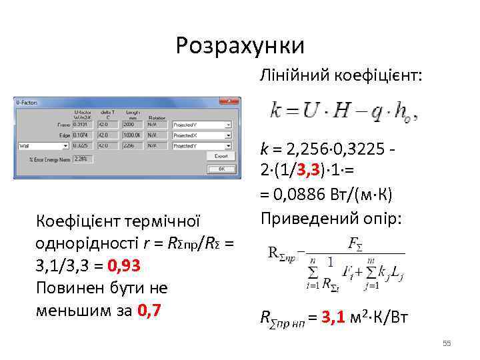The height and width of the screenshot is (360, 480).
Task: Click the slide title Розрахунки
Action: [240, 45]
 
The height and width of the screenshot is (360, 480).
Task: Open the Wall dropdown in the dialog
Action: [44, 145]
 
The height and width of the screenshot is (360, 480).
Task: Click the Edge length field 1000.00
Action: [131, 135]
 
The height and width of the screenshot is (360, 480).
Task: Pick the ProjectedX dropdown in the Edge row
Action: [202, 135]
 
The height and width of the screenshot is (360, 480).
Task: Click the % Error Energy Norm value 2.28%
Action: [83, 159]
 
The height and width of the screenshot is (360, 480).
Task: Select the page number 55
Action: [447, 343]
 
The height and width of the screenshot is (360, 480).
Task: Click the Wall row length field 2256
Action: [131, 145]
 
